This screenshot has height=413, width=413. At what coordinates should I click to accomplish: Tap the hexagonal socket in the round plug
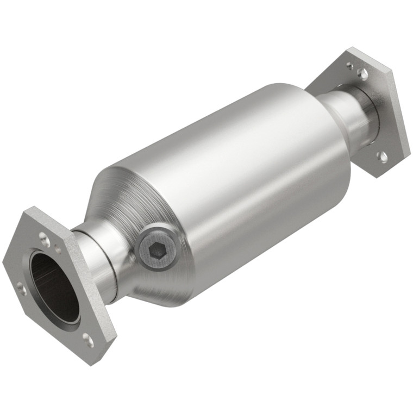(155, 251)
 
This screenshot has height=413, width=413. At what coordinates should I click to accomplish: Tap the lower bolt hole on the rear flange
(383, 157)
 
